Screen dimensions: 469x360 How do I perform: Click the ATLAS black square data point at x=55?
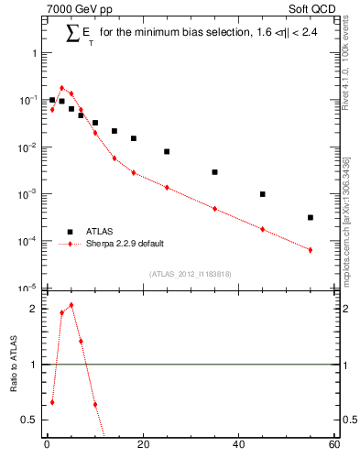311,217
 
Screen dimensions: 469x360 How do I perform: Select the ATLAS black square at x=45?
263,194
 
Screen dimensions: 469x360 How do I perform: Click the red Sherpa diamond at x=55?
311,250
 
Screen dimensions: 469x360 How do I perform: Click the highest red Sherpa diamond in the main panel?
61,88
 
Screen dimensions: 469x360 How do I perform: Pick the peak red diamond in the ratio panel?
71,305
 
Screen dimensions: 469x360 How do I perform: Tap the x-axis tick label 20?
142,446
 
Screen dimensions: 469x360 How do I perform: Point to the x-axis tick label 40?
238,446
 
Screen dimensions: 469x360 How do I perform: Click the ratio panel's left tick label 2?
33,309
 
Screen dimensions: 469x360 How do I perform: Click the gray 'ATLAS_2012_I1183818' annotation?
190,273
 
